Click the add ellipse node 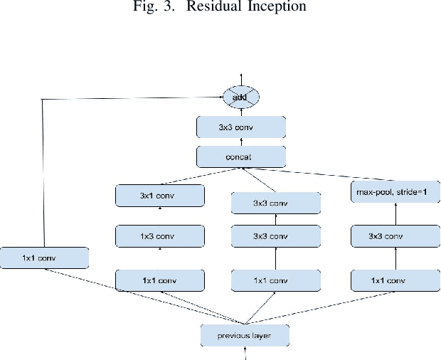[241, 96]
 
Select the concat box [241, 156]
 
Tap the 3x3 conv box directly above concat [241, 127]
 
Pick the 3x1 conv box [160, 195]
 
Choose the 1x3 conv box [160, 236]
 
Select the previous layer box [244, 334]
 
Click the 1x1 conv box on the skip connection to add [44, 258]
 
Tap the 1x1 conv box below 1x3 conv [160, 280]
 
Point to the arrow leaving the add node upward [241, 78]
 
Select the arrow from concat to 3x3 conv [241, 142]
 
